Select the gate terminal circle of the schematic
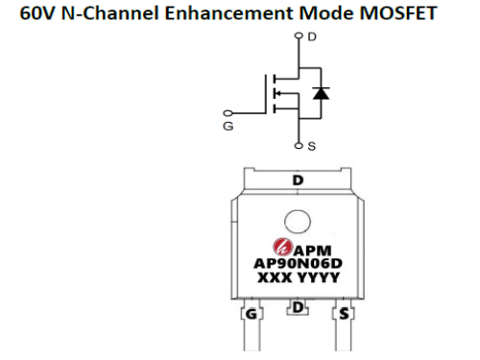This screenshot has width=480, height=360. [x=228, y=112]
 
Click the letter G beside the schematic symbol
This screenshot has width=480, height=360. [x=228, y=126]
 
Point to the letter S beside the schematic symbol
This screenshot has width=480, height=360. [x=312, y=146]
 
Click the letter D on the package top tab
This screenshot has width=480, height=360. [x=298, y=180]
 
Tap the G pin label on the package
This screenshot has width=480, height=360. [x=251, y=313]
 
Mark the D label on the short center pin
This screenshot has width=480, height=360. [x=298, y=308]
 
